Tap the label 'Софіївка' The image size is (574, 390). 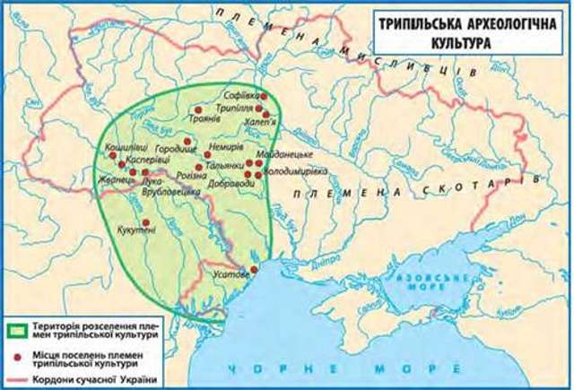click(243, 94)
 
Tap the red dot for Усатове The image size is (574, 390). click(254, 269)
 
